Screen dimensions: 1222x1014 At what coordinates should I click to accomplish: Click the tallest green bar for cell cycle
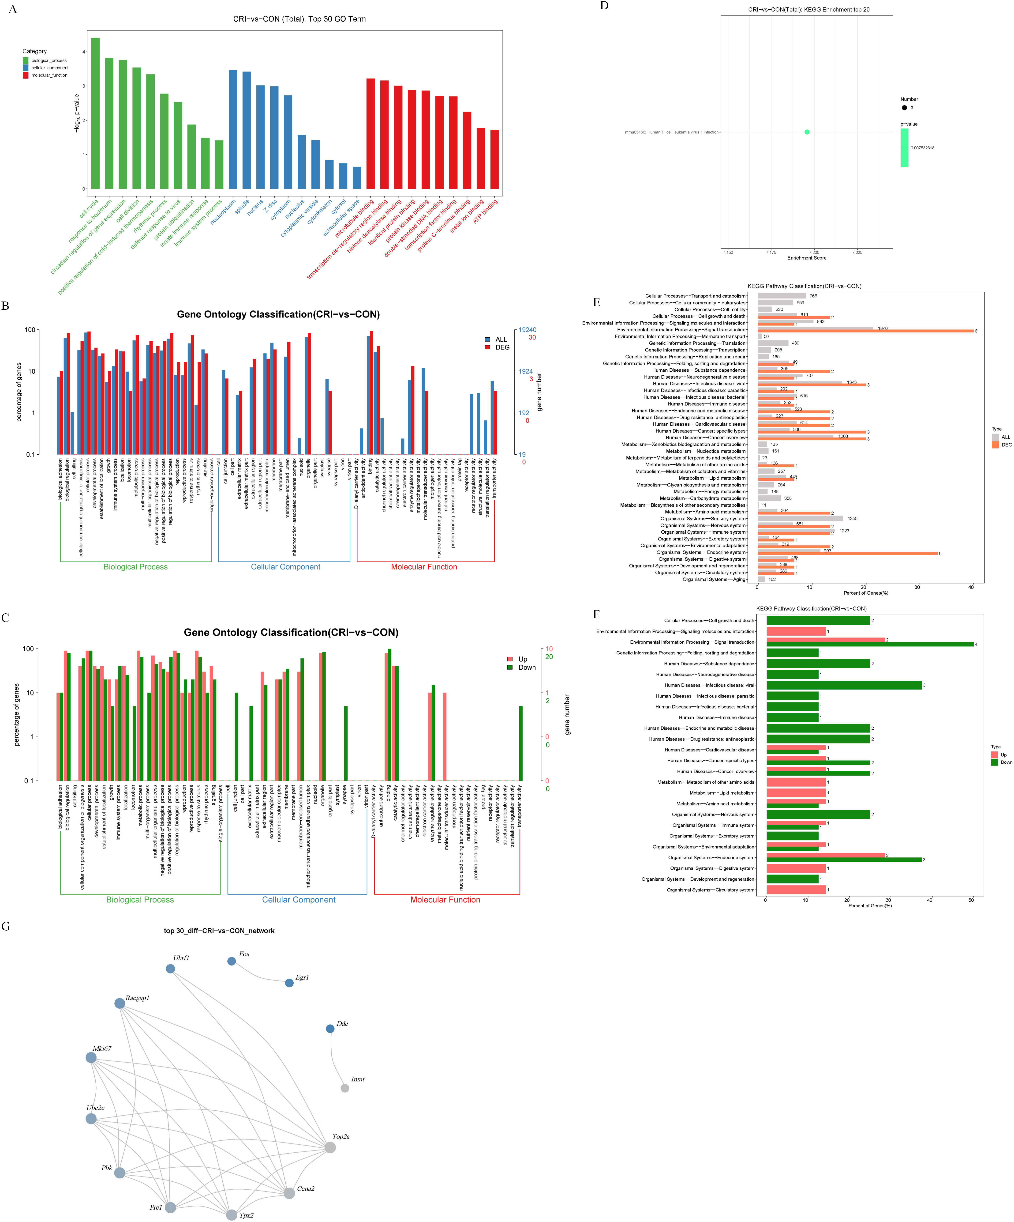(x=95, y=113)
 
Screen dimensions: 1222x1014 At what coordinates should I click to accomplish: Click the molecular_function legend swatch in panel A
(x=26, y=75)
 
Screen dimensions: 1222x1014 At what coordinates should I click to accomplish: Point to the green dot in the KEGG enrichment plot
(x=807, y=132)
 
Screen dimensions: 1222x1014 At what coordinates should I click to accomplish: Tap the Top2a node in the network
(x=330, y=1147)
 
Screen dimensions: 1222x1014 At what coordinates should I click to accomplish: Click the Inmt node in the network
(x=345, y=1088)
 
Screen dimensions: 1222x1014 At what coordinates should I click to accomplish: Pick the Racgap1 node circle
(x=119, y=1003)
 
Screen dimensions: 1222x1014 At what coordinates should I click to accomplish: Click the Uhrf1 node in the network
(x=170, y=969)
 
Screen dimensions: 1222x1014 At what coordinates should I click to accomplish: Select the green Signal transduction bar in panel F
(x=870, y=644)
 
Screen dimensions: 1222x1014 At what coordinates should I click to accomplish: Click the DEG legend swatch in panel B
(x=487, y=347)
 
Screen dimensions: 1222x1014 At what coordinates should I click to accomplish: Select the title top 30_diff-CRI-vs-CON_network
(x=219, y=931)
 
